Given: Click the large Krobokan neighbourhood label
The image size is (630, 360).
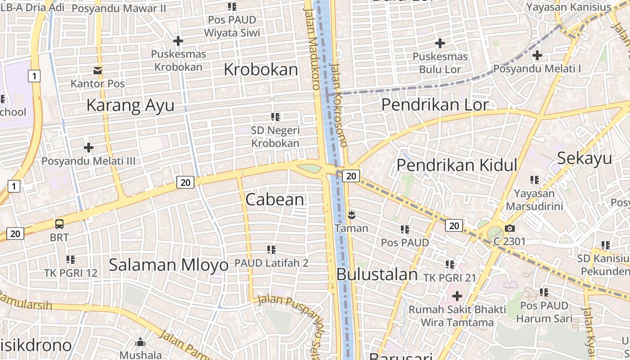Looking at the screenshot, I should [261, 70].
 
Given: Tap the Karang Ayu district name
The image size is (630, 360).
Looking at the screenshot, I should [130, 105].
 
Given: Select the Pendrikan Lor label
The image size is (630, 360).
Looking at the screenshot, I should [435, 104].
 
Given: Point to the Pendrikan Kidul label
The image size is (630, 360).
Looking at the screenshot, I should [457, 165].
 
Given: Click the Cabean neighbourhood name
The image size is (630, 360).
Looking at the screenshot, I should [274, 199].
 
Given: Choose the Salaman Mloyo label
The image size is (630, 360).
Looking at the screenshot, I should [169, 265].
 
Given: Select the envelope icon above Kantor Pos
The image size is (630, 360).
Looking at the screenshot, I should [98, 71].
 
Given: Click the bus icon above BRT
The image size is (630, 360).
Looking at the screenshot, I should [59, 224].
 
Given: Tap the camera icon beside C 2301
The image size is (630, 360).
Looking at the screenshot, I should [509, 228].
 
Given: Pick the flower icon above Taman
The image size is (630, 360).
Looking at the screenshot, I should [351, 215].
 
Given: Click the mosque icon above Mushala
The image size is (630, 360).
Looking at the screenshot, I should [140, 342].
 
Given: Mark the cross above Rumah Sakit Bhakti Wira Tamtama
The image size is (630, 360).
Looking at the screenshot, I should [457, 296].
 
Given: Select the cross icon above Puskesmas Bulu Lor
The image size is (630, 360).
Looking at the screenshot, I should [440, 43].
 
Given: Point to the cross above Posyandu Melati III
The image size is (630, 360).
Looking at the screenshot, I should [89, 147].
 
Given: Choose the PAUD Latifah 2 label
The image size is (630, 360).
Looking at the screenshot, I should [271, 263].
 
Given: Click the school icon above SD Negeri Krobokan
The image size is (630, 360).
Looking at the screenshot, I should [275, 117].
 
